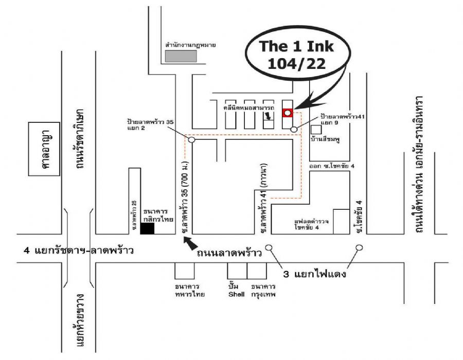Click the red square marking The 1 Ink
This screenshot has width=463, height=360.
pyautogui.click(x=288, y=113)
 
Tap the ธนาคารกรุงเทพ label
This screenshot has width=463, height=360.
pyautogui.click(x=263, y=290)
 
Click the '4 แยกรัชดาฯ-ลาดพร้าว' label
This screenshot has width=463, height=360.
pyautogui.click(x=79, y=251)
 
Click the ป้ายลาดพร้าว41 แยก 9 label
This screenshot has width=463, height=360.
pyautogui.click(x=342, y=120)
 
